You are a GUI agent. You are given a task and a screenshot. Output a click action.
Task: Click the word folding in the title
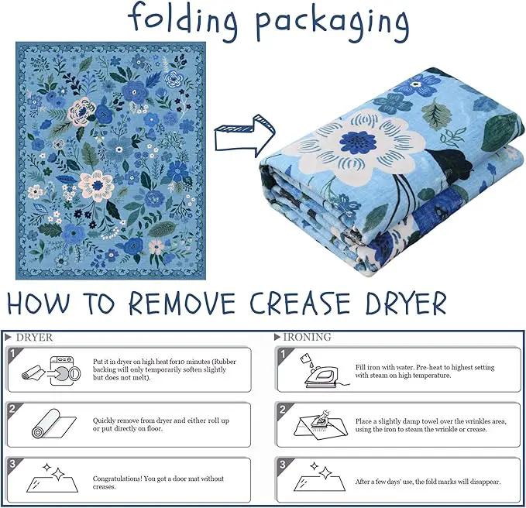click(183, 21)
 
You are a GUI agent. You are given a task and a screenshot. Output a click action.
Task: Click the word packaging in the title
click(332, 23)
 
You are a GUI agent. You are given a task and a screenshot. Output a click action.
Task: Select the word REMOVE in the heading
click(182, 303)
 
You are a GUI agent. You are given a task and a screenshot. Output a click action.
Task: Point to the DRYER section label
click(34, 338)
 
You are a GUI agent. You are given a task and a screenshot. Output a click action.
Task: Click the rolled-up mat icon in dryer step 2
click(53, 424)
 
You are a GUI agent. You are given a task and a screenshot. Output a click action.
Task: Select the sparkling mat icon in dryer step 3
click(52, 478)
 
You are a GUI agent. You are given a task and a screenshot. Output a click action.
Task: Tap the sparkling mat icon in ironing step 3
click(319, 477)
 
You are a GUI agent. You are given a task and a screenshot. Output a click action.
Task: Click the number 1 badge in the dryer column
click(12, 353)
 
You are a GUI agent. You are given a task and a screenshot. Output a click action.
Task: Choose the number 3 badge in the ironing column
click(283, 464)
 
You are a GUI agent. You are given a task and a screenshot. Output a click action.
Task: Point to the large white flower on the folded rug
click(359, 145)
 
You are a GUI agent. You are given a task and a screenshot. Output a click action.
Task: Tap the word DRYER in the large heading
click(406, 303)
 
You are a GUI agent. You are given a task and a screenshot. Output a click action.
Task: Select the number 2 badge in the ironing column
click(283, 409)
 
